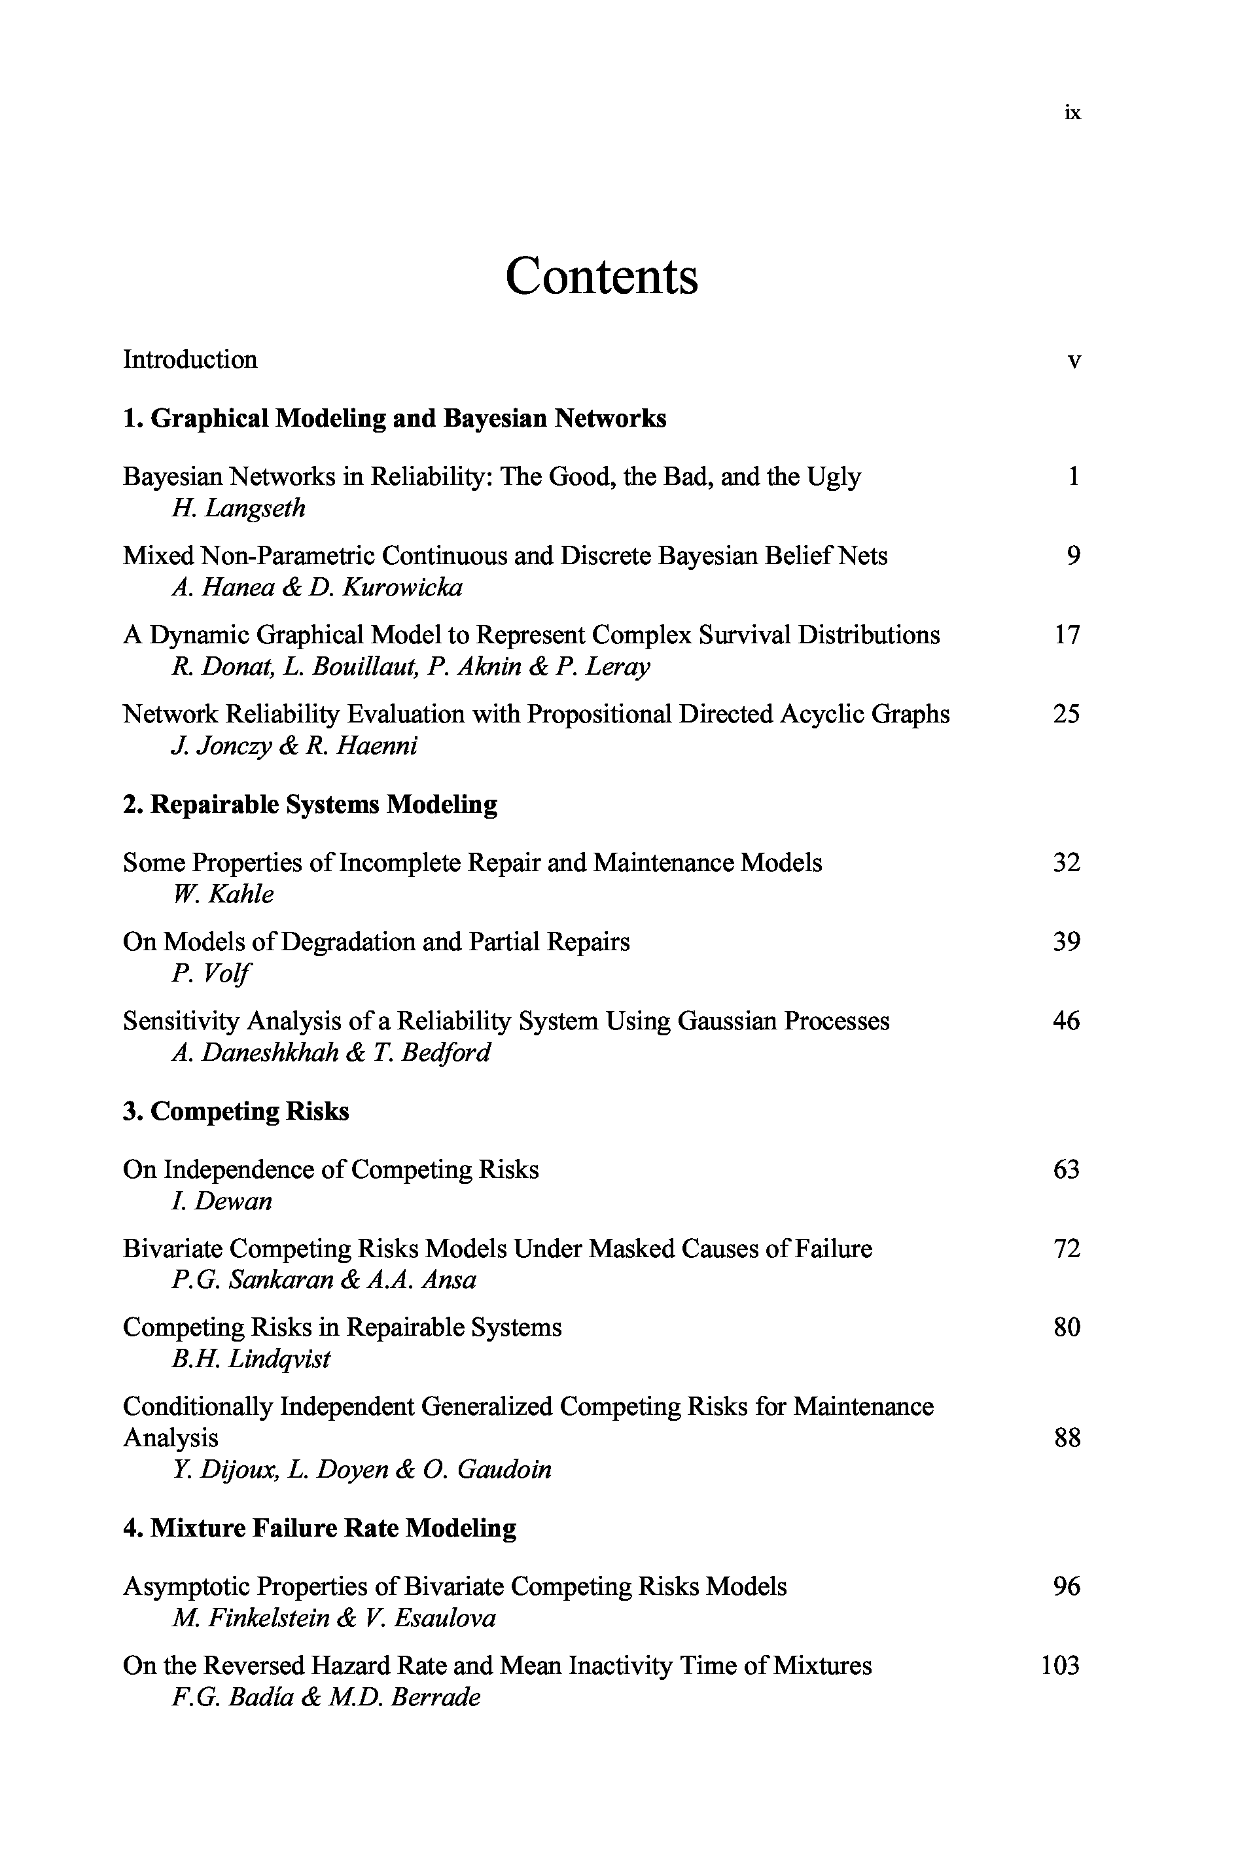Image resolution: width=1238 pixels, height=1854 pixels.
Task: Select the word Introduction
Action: tap(190, 360)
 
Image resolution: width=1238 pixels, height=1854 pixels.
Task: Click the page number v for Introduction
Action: tap(1073, 362)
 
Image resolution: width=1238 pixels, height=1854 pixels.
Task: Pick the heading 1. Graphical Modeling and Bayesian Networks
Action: tap(394, 418)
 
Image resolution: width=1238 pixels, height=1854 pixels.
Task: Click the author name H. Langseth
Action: tap(238, 508)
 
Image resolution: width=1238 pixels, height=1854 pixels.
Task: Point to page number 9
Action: tap(1073, 556)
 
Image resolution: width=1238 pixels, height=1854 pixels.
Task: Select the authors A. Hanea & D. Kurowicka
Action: tap(317, 588)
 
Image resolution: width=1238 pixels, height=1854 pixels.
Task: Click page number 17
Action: tap(1067, 635)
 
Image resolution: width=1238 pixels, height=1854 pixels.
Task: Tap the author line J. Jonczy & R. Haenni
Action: tap(294, 746)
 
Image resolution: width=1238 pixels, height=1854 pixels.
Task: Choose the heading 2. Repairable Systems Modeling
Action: tap(310, 804)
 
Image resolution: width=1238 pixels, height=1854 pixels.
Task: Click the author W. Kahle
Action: tap(222, 895)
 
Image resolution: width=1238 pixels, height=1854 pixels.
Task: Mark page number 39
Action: tap(1066, 942)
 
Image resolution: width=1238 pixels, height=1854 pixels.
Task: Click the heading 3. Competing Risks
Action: tap(236, 1111)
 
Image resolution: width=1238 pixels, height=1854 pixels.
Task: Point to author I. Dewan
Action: tap(221, 1201)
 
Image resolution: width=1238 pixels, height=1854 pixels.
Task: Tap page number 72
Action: tap(1066, 1249)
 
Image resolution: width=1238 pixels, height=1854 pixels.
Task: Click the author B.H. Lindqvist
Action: tap(251, 1359)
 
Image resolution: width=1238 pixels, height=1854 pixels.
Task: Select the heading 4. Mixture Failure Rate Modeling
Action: tap(320, 1528)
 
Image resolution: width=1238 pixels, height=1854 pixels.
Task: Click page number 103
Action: tap(1059, 1666)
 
